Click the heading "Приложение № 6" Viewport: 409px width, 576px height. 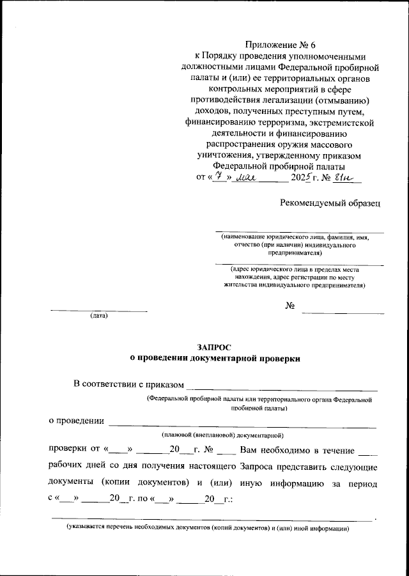tap(281, 45)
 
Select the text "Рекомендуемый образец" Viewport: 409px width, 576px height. tap(330, 203)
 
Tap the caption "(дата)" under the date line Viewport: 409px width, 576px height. tap(99, 316)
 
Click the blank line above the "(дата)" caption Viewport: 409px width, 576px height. tap(99, 311)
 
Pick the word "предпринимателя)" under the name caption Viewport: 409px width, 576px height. tap(299, 253)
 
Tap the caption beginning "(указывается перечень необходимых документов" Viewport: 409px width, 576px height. tap(209, 530)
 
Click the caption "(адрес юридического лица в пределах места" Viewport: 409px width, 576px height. tap(299, 270)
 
